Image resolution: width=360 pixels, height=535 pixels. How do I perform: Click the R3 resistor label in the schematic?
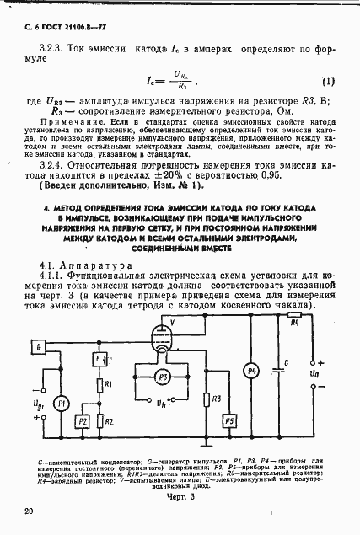tap(218, 397)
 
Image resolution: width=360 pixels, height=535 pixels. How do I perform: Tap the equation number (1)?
tap(328, 82)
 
